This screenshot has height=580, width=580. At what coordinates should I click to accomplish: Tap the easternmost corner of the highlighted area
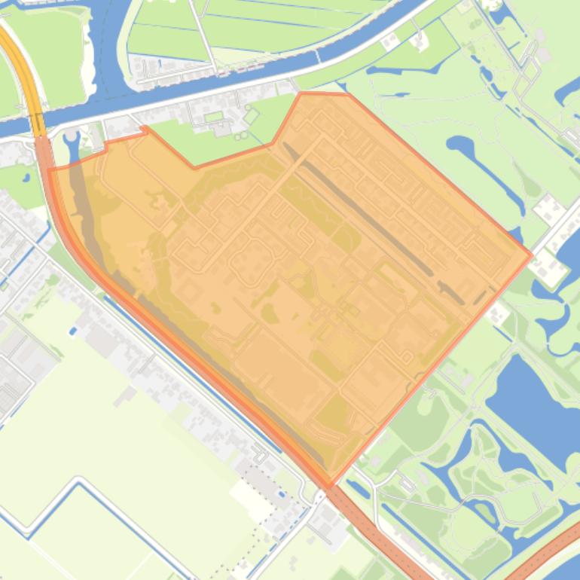coord(531,255)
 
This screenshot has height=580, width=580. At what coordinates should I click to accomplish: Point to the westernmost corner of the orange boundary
coord(50,170)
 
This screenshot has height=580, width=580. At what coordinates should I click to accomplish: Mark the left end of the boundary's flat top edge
coord(301,94)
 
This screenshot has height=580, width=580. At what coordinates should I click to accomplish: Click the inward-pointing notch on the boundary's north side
coord(195,166)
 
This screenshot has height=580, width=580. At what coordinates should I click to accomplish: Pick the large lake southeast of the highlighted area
coord(531,399)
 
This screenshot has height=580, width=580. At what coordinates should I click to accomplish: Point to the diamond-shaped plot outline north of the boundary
coord(251,116)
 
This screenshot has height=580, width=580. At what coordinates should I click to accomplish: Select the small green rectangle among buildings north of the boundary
coord(214,117)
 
